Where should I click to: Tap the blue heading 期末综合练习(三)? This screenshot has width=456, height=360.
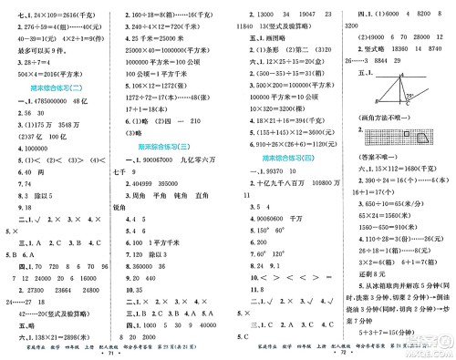[168, 145]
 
